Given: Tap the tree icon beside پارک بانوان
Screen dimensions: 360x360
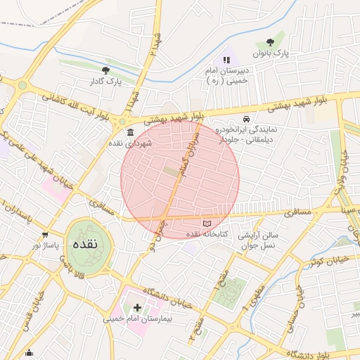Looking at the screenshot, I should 281,41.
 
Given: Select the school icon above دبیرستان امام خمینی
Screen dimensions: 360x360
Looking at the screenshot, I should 226,60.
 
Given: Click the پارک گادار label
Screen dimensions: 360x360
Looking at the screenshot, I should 105,82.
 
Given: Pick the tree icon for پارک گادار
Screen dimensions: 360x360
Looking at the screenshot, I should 105,70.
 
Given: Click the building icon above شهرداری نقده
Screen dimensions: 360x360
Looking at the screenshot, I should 129,131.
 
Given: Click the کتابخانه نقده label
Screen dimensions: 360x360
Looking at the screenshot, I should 205,234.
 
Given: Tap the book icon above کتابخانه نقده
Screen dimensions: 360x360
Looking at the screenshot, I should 206,223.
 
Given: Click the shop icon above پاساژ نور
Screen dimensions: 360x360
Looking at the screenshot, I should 46,236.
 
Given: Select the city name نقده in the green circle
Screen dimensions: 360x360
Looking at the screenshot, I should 89,245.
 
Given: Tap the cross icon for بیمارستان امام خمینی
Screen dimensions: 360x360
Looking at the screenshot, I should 136,307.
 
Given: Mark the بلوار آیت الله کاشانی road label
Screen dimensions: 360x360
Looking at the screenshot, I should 73,105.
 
